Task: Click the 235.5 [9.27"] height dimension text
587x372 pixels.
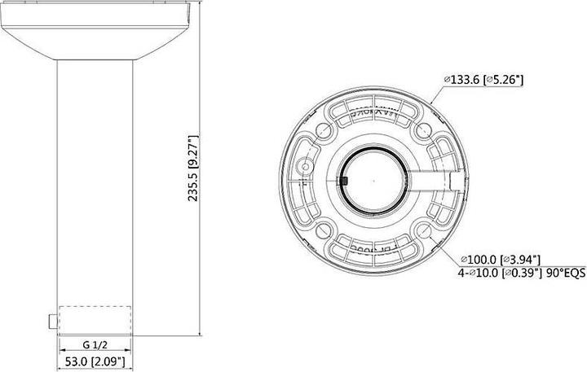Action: (193, 169)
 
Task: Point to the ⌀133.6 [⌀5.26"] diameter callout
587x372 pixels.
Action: (483, 80)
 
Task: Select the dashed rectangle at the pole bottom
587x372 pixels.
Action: (96, 317)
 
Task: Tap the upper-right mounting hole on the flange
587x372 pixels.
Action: (421, 130)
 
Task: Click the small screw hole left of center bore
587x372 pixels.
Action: (307, 167)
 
